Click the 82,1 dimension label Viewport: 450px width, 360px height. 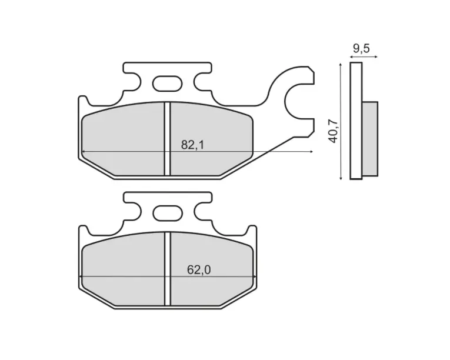(192, 145)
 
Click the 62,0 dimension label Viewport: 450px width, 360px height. (199, 270)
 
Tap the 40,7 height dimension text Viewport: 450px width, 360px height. (334, 131)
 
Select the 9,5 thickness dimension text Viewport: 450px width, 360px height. (361, 48)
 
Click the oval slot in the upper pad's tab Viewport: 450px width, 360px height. (167, 84)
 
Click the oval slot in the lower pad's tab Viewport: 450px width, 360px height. (168, 214)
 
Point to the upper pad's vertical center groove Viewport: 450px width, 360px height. (167, 139)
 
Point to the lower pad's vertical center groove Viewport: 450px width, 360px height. (168, 269)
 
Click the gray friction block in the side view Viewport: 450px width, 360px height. (370, 139)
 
